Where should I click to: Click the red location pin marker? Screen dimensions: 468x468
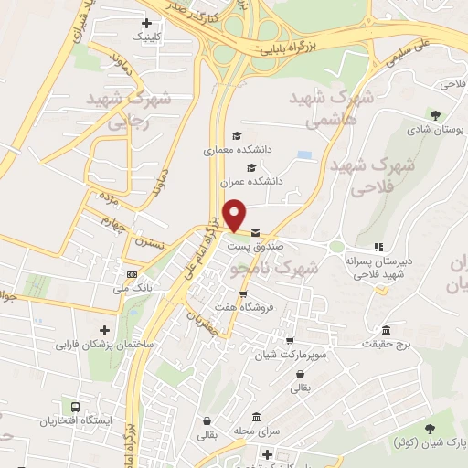[236, 216]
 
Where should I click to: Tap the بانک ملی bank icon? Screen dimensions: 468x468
[133, 274]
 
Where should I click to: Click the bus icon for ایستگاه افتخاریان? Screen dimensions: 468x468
[75, 407]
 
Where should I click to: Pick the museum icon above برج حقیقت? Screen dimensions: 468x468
[387, 329]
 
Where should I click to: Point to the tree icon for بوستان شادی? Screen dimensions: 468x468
[435, 115]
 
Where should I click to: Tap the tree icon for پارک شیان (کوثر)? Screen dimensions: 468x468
[430, 427]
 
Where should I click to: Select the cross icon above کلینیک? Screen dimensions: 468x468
[147, 24]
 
